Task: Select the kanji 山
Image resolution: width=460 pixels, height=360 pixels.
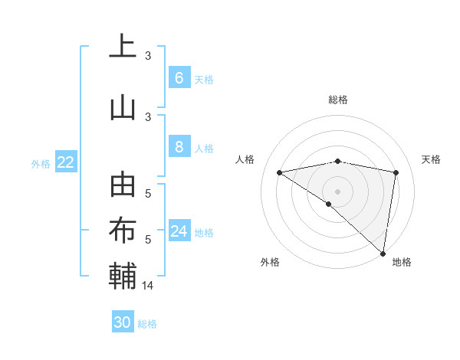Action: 123,107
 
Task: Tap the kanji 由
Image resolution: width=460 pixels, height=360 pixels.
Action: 123,185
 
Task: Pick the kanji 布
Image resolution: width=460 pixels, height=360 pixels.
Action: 123,231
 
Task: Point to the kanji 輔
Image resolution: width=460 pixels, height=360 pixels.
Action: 123,276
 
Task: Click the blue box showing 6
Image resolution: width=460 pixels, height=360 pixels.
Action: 179,78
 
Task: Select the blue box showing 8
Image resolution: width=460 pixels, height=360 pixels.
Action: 179,147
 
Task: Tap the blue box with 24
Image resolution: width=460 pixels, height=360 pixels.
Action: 179,231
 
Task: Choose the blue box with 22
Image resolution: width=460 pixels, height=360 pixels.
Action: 65,162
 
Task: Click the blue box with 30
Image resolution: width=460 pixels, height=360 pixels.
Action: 123,322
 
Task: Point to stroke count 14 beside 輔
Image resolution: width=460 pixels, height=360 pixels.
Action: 149,285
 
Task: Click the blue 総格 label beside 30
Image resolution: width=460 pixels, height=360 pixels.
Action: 147,324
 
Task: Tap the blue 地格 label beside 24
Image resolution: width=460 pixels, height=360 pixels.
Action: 204,232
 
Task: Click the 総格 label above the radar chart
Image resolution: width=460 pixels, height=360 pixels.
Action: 337,100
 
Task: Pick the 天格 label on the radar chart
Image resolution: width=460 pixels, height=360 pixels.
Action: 431,159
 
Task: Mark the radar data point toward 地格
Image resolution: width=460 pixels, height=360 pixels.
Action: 384,253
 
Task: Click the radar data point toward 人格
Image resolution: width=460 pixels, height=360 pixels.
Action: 280,172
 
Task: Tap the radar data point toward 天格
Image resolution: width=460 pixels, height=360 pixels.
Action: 396,172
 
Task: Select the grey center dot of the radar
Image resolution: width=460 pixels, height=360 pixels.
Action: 337,191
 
